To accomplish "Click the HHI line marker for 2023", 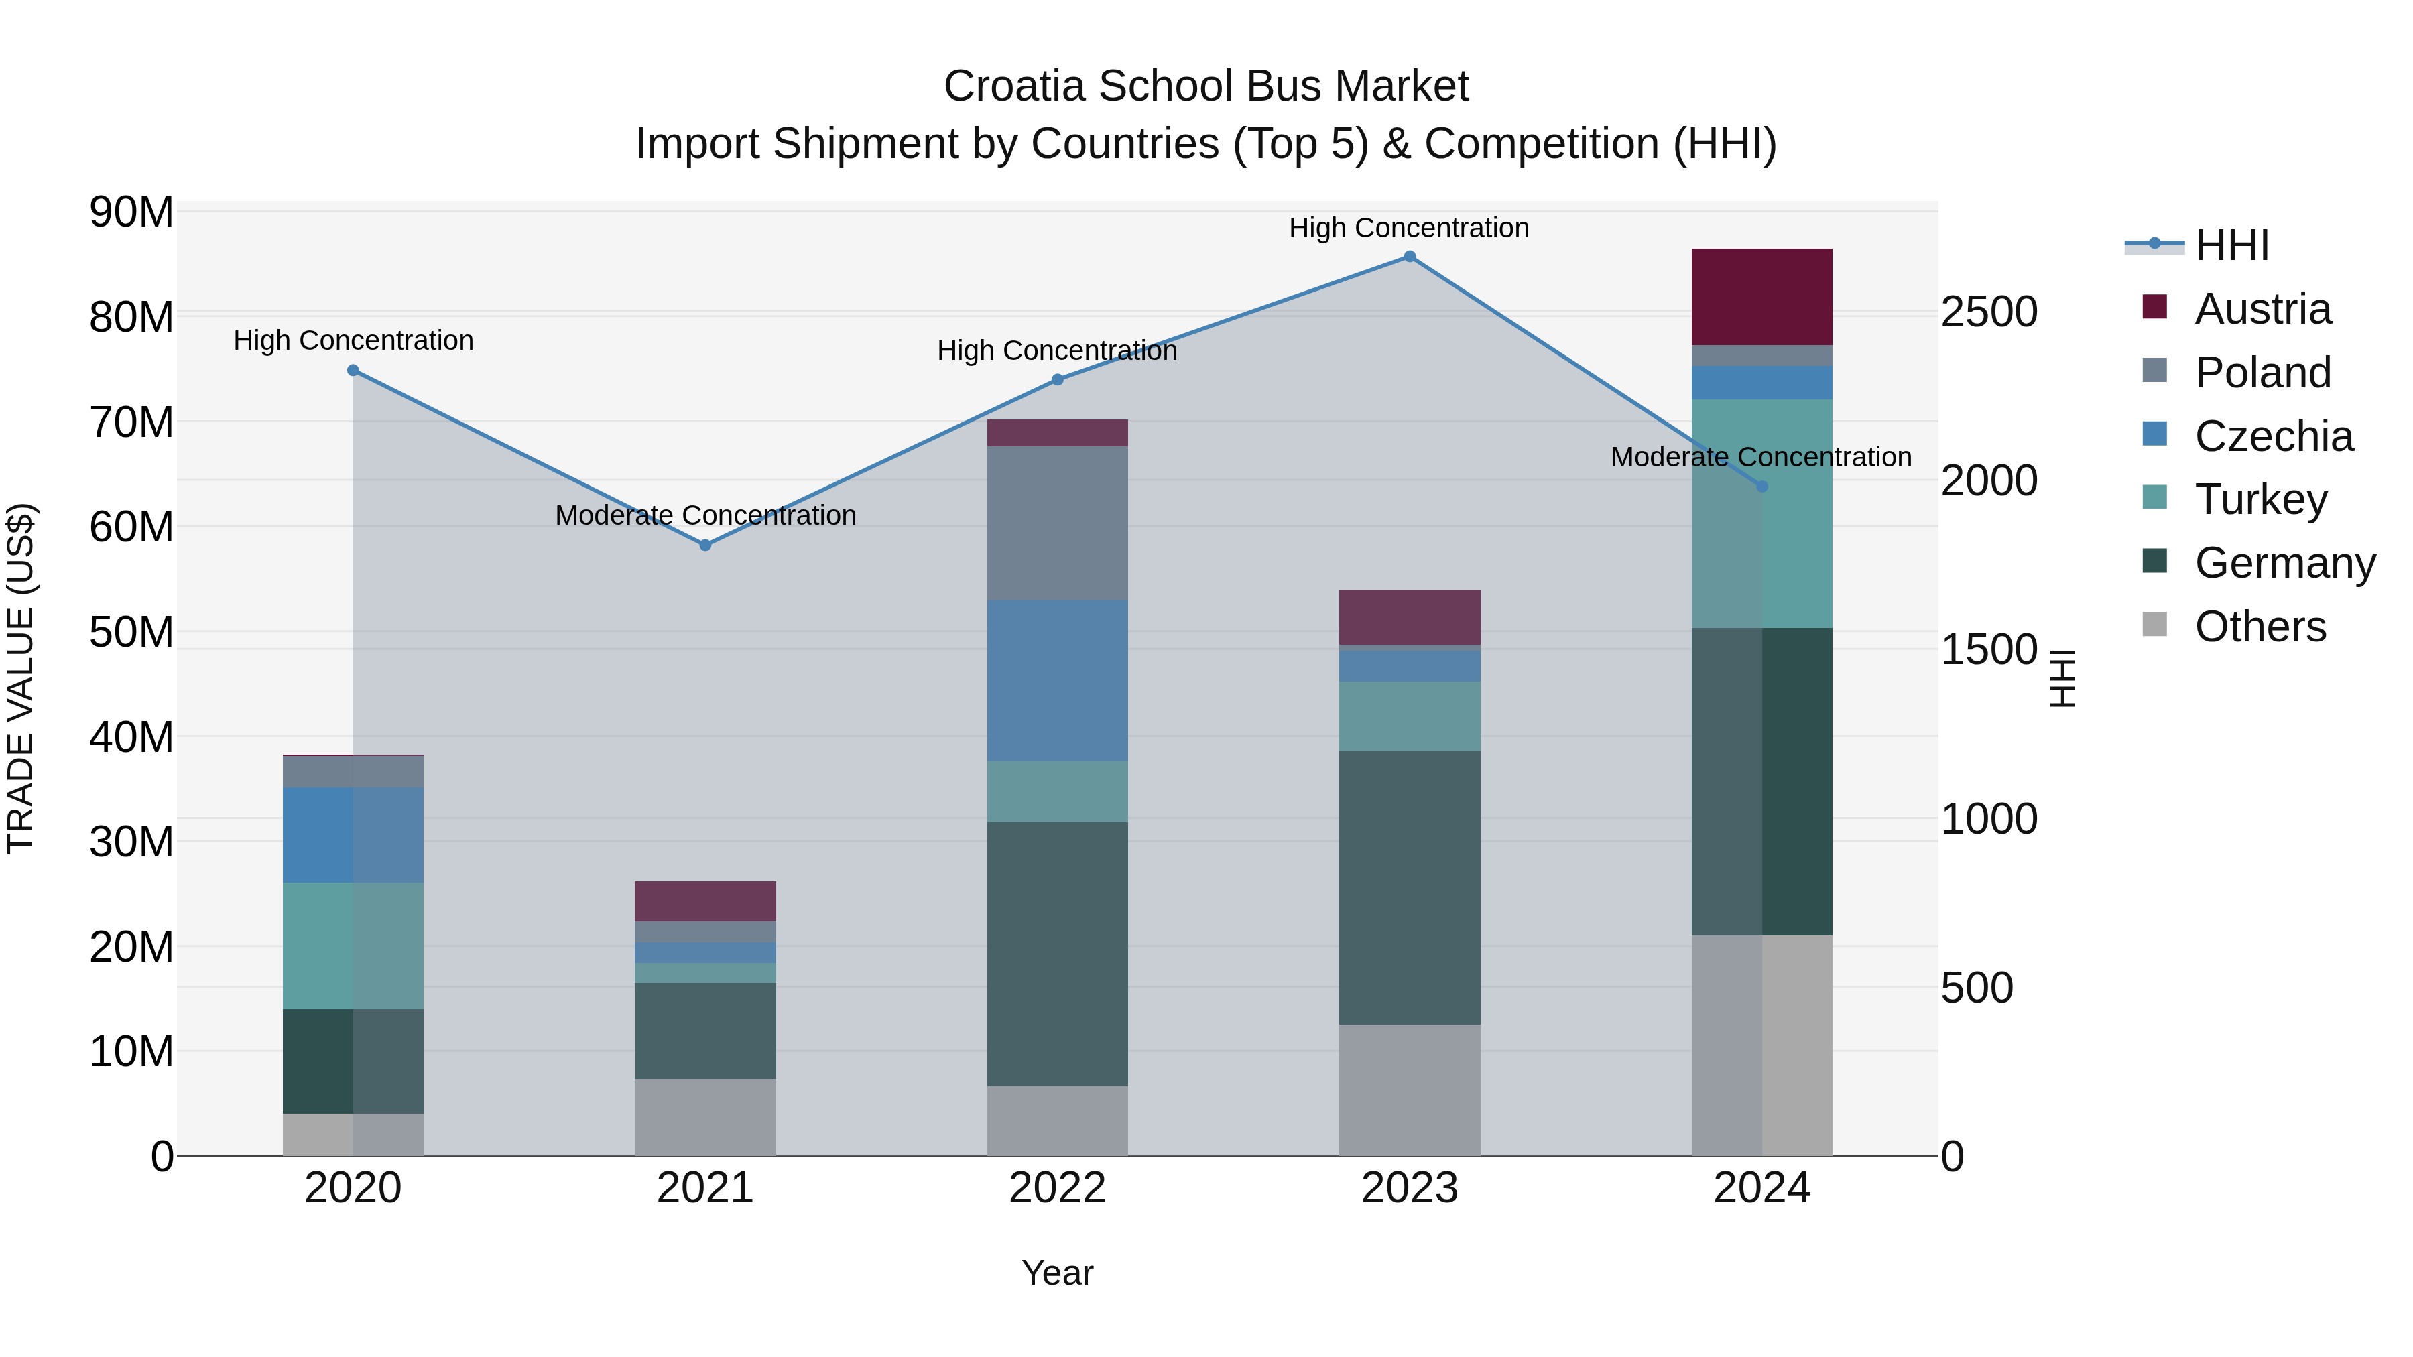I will (x=1409, y=257).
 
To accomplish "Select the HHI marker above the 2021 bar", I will (x=705, y=545).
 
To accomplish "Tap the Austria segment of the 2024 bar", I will (x=1761, y=297).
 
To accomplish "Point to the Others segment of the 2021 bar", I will (x=705, y=1116).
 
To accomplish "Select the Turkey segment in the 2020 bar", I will (x=353, y=945).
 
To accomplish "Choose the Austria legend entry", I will (x=2262, y=309).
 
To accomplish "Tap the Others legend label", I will (x=2260, y=627).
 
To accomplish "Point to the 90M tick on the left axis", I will (x=131, y=212).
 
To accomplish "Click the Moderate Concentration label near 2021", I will (x=705, y=515).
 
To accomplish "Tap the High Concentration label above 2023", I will (x=1409, y=228).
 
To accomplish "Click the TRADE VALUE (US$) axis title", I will (x=21, y=678).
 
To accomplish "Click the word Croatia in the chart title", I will (x=1015, y=86).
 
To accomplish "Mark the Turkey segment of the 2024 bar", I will (x=1761, y=513).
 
